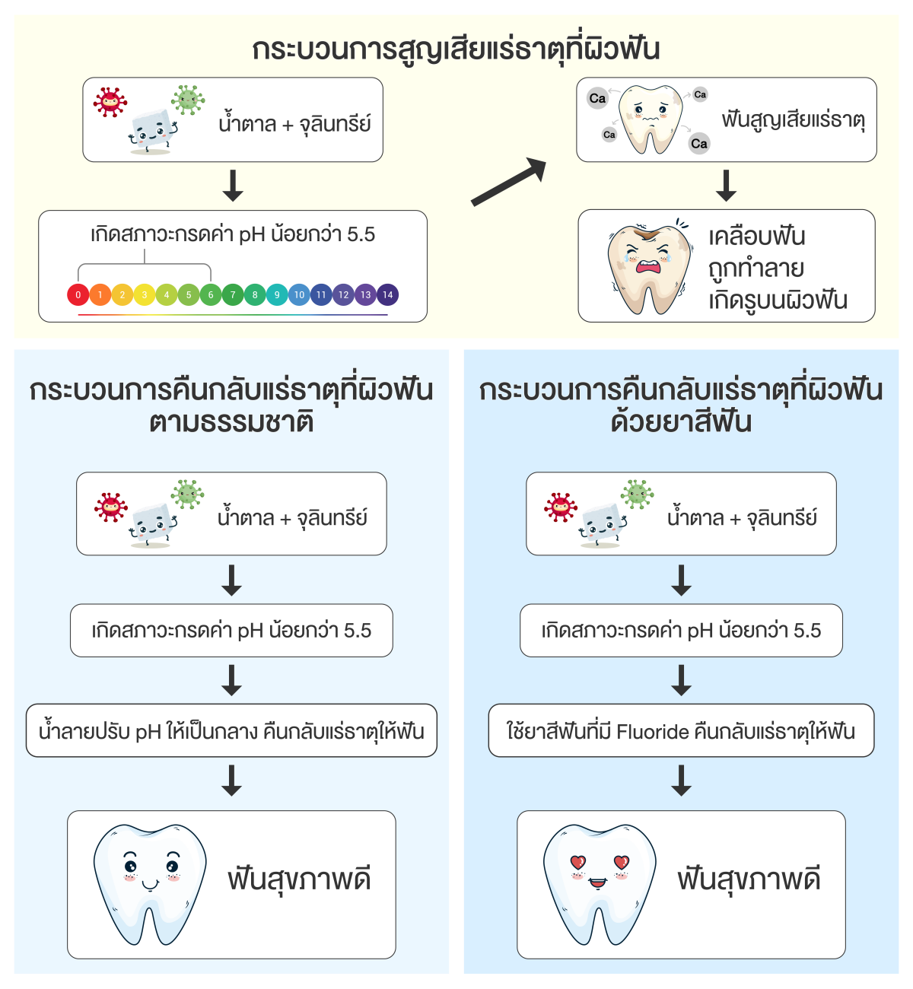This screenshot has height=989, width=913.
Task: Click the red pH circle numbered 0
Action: [78, 294]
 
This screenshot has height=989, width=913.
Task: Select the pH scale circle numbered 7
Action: [233, 294]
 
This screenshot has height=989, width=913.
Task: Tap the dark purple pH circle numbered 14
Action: [388, 294]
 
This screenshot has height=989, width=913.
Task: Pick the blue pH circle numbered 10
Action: [299, 294]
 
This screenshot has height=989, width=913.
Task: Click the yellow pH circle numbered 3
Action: [145, 294]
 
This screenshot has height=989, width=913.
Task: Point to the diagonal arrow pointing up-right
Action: [509, 183]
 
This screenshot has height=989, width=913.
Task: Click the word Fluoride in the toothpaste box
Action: [652, 732]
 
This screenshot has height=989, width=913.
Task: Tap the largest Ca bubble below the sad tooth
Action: [698, 144]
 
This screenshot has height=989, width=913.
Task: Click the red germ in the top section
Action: [110, 102]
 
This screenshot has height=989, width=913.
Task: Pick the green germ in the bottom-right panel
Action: [638, 494]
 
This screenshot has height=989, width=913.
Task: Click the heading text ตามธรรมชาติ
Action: [231, 421]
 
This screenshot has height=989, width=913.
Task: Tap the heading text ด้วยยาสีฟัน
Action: [681, 421]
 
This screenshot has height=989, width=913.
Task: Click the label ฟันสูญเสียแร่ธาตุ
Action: [793, 120]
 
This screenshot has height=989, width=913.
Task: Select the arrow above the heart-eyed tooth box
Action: [682, 781]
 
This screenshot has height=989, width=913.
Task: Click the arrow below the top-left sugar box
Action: [233, 186]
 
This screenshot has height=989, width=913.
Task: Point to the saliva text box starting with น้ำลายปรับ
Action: [231, 732]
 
